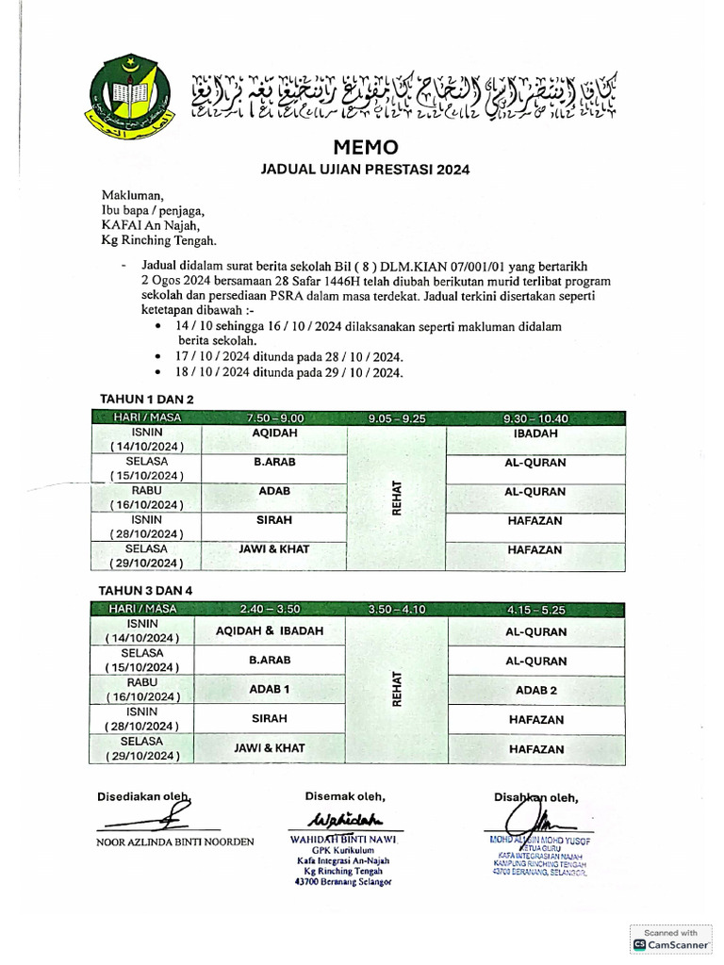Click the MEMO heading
(366, 148)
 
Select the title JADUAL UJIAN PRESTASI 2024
(365, 171)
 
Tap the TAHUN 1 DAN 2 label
(147, 400)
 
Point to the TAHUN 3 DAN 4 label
(147, 591)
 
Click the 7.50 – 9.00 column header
(274, 417)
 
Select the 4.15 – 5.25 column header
(535, 610)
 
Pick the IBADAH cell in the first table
(535, 433)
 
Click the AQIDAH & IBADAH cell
(271, 631)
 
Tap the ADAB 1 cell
(269, 690)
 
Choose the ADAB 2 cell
(536, 691)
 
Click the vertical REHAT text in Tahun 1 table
(397, 498)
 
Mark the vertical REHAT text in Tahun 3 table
(397, 689)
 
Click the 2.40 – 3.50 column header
(270, 610)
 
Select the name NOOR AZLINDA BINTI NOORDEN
(175, 842)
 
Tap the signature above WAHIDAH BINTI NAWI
(344, 817)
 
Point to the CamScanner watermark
(670, 939)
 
